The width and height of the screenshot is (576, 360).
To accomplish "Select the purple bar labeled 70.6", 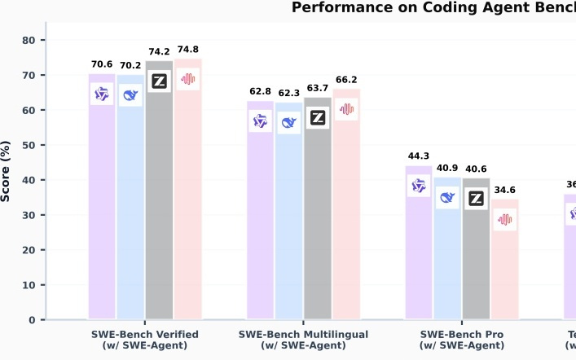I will pyautogui.click(x=102, y=204).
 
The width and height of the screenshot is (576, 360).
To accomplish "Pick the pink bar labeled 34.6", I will pyautogui.click(x=505, y=269).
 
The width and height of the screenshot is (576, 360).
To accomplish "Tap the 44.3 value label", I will pyautogui.click(x=419, y=156).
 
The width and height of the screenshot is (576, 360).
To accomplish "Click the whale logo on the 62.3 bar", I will pyautogui.click(x=288, y=123).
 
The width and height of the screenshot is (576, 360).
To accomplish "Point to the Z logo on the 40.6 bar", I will pyautogui.click(x=476, y=199).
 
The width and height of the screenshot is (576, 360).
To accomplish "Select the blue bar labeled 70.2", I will pyautogui.click(x=130, y=204).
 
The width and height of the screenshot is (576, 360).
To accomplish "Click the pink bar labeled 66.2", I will pyautogui.click(x=346, y=220).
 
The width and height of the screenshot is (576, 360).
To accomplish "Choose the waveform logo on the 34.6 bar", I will pyautogui.click(x=505, y=219).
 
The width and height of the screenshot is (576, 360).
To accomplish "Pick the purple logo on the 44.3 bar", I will pyautogui.click(x=419, y=187).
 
